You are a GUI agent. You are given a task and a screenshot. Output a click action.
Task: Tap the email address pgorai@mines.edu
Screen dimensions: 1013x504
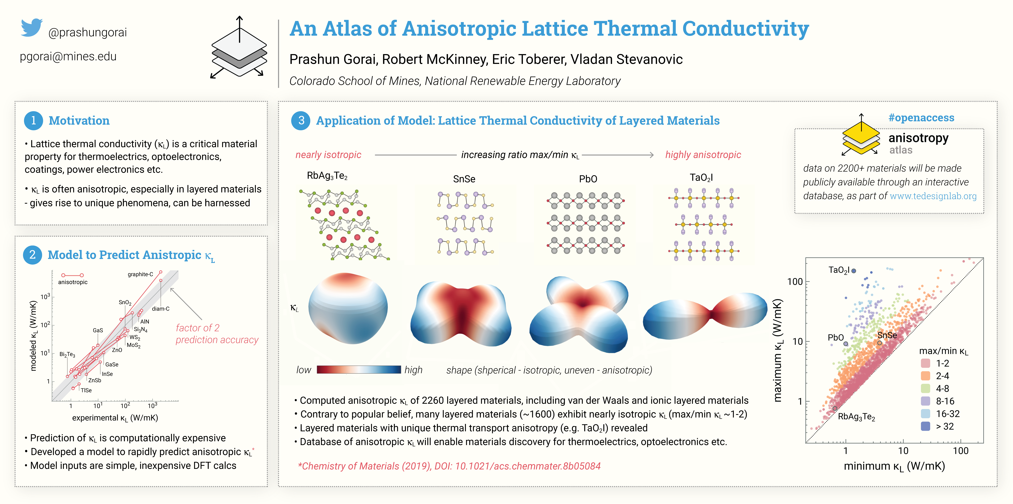click(68, 57)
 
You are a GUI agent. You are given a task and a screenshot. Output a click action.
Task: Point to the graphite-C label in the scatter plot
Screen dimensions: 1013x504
click(140, 274)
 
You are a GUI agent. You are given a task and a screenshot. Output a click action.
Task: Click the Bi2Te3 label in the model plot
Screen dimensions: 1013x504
click(67, 354)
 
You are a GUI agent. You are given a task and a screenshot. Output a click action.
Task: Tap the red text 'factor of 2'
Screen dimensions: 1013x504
click(197, 328)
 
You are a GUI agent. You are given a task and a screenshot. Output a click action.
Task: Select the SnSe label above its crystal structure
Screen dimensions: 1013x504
click(464, 179)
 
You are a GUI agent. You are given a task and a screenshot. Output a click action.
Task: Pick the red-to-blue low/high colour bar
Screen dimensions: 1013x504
click(359, 370)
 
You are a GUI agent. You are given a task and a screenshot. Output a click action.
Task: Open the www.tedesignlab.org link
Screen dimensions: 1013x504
click(933, 196)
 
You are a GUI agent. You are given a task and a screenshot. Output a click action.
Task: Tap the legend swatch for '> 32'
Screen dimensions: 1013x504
click(926, 426)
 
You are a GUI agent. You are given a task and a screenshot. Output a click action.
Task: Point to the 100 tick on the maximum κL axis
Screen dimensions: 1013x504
click(795, 282)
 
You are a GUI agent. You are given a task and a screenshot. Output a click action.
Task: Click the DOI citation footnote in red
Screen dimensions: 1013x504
click(449, 466)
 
